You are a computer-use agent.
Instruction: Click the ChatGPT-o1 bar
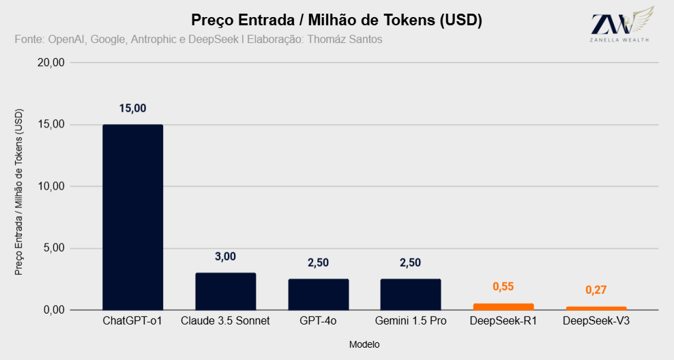click(133, 217)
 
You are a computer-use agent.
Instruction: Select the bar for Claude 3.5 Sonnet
click(226, 291)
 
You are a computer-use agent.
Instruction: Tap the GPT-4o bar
click(319, 295)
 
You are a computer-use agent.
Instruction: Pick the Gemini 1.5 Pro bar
click(411, 295)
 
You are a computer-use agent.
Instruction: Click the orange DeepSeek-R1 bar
click(503, 307)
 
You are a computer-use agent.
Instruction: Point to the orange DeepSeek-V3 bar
click(596, 308)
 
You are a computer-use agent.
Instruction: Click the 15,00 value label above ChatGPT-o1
click(133, 108)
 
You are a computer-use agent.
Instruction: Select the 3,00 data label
click(226, 256)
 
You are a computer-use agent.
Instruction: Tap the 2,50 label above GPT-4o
click(318, 262)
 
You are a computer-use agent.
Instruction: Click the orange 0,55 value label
click(503, 286)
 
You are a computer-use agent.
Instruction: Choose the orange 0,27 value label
click(596, 290)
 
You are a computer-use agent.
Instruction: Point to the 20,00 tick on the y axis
click(51, 63)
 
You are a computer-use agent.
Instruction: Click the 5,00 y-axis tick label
click(54, 248)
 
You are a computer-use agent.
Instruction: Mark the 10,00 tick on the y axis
click(51, 186)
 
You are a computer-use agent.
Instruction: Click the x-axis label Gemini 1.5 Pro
click(411, 321)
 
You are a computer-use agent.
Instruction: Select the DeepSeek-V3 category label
click(596, 321)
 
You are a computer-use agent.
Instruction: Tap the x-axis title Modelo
click(364, 344)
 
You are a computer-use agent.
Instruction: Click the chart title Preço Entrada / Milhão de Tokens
click(313, 20)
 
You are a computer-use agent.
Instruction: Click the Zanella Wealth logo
click(621, 25)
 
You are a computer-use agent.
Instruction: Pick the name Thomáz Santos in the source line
click(345, 40)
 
